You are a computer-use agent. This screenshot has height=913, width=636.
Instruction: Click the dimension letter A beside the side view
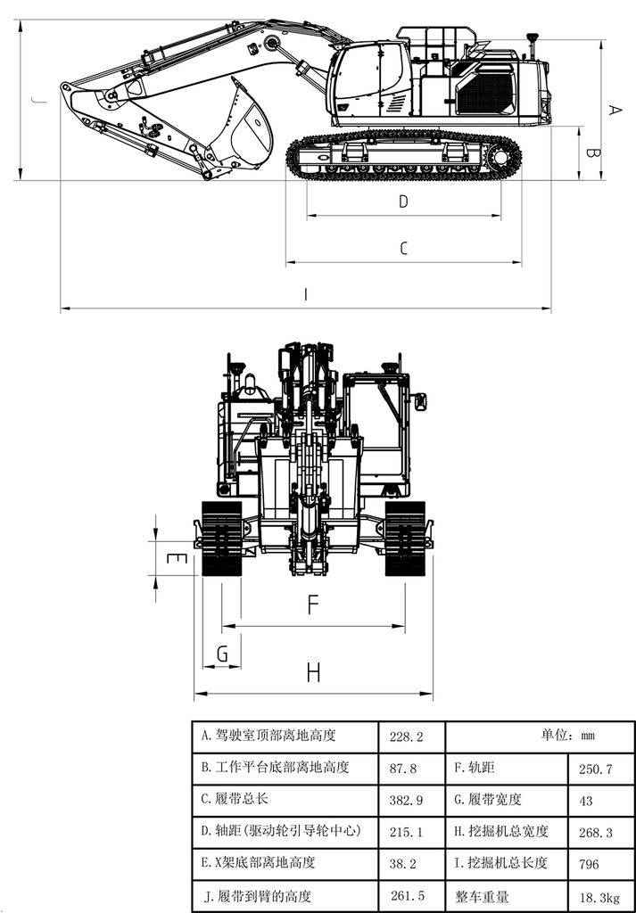click(x=614, y=109)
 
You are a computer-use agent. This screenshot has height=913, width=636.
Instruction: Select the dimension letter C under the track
click(x=403, y=249)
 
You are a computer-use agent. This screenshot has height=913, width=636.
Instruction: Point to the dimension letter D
click(x=403, y=202)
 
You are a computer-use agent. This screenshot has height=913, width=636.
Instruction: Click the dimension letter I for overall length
click(x=306, y=295)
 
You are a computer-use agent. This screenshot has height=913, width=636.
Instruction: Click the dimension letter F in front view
click(x=312, y=605)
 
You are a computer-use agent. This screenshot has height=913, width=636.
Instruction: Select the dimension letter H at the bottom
click(x=312, y=673)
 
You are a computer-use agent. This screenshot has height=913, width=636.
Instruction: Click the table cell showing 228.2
click(x=406, y=736)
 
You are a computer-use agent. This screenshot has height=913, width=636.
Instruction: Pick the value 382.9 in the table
click(x=406, y=800)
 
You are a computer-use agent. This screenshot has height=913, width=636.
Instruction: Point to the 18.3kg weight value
click(x=598, y=895)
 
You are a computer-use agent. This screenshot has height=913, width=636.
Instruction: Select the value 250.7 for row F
click(x=595, y=769)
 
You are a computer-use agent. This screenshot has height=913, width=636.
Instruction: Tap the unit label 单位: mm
click(x=567, y=736)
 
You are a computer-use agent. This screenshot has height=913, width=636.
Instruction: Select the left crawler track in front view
click(x=221, y=539)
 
